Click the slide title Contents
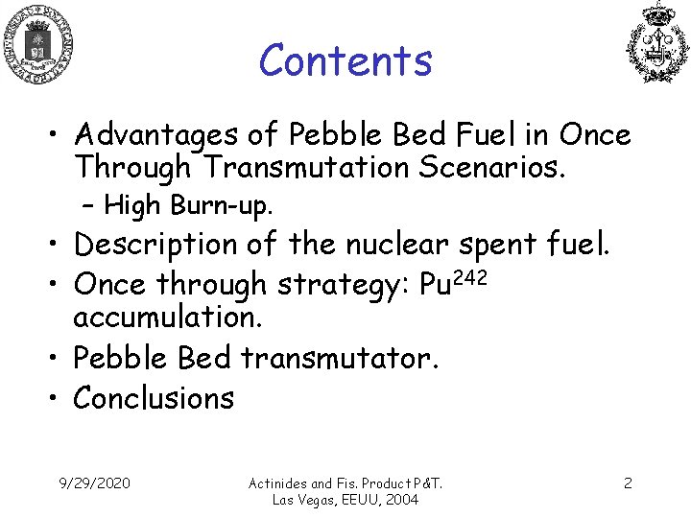345,60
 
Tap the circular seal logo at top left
38,43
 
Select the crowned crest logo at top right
657,43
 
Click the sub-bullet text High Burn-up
189,205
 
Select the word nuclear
391,245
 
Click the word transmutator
340,358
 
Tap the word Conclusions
154,397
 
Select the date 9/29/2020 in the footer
95,483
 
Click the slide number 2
628,483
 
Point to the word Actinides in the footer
279,483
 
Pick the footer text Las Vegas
306,500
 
